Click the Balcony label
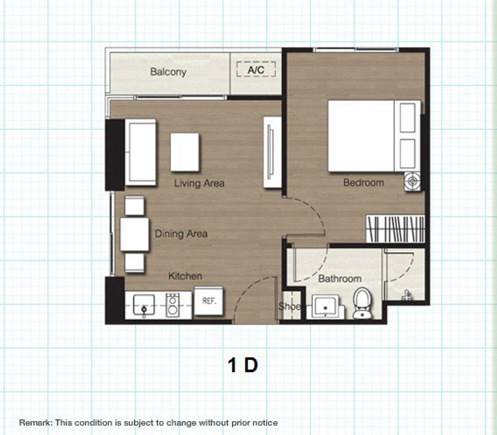[168, 72]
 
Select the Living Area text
[199, 183]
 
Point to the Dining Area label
[181, 234]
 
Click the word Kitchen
[185, 276]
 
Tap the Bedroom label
[364, 183]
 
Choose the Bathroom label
[340, 279]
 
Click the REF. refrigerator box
[209, 301]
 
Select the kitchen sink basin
[144, 305]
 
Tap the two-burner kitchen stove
[173, 305]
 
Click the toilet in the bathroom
[362, 303]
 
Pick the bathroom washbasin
[326, 307]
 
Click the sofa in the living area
[140, 152]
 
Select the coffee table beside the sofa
[185, 152]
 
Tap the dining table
[134, 234]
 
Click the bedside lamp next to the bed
[413, 181]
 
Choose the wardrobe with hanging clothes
[396, 229]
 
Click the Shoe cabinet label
[290, 307]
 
